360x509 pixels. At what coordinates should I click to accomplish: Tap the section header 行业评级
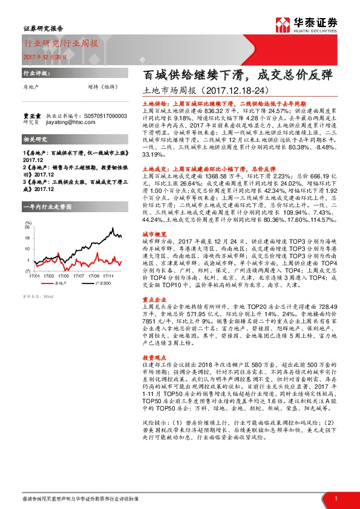click(33, 72)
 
